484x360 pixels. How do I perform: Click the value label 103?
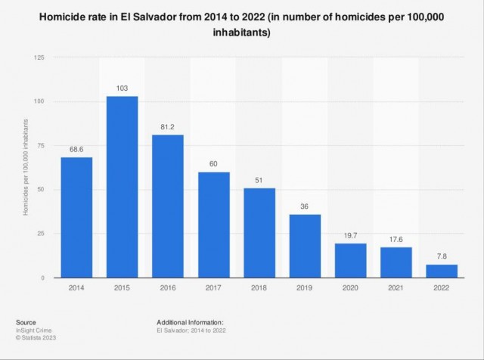pos(122,88)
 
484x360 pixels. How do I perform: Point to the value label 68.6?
pos(76,149)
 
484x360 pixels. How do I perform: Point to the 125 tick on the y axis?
pos(39,57)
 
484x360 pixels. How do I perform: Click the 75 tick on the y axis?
pos(41,145)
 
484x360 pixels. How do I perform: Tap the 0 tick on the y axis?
pos(43,278)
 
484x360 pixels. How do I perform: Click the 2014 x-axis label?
pos(76,288)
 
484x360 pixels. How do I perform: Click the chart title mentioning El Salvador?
pos(241,26)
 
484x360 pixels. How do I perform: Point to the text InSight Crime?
pos(34,330)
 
